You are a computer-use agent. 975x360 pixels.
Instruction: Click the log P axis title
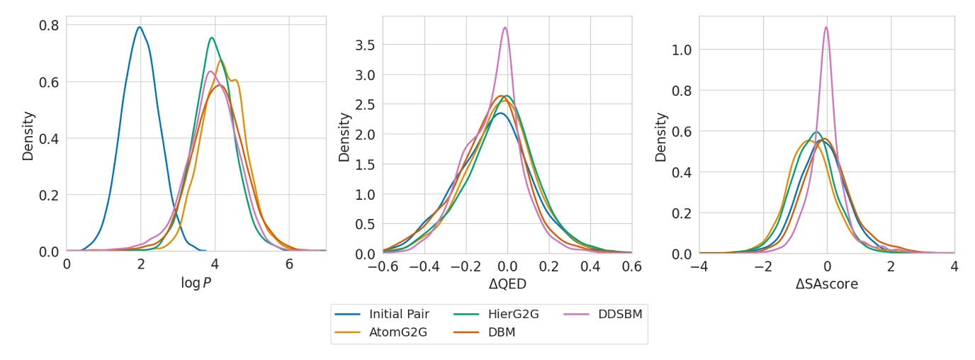click(x=196, y=283)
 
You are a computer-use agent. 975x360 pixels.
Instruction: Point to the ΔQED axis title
click(x=507, y=283)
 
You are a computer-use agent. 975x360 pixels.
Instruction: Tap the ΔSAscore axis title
click(x=826, y=283)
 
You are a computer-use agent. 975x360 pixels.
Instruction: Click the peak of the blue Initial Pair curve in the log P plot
click(x=140, y=27)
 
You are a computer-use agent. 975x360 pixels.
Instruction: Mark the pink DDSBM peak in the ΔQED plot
click(x=505, y=28)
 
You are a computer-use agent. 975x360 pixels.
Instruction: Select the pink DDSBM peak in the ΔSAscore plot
click(x=825, y=27)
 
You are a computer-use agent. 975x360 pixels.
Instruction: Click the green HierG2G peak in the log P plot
click(x=211, y=38)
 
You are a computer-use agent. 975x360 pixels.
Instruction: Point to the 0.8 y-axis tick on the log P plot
click(x=49, y=25)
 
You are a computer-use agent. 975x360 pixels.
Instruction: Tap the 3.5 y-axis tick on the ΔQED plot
click(x=366, y=45)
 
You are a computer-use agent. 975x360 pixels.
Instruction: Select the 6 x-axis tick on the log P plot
click(x=289, y=265)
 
